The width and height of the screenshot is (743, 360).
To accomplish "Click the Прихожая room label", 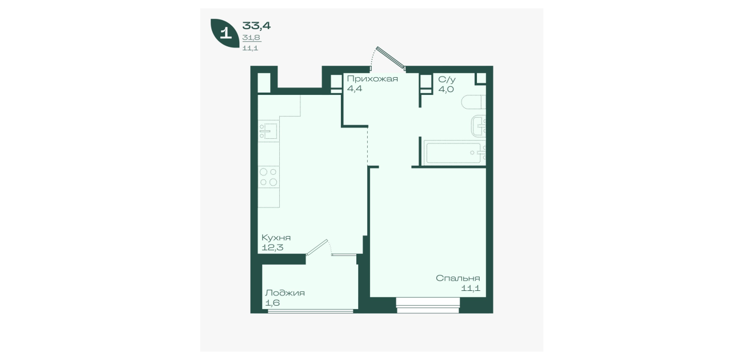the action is tap(372, 79).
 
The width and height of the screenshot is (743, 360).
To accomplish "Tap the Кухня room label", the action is tap(276, 238).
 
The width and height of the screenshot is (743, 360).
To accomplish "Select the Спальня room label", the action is tap(458, 278).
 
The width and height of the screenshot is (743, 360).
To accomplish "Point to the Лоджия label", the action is tap(285, 293).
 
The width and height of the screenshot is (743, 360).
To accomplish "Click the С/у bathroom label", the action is tap(447, 79).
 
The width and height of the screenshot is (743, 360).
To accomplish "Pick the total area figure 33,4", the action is tap(256, 26).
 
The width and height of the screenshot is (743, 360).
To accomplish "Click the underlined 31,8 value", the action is tap(251, 37).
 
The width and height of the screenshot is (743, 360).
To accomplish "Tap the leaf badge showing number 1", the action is tap(225, 33).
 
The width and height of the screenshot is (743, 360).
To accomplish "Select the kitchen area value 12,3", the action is tap(272, 247).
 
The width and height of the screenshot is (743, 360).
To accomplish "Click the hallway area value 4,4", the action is tap(354, 89).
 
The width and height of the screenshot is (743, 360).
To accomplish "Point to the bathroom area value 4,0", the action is tap(446, 89).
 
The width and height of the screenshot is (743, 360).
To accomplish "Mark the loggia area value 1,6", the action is tap(272, 303).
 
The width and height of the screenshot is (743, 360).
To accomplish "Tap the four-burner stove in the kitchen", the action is tap(268, 177).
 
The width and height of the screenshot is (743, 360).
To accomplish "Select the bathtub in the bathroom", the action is tap(453, 153).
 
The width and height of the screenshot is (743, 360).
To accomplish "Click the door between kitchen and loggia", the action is tap(318, 247).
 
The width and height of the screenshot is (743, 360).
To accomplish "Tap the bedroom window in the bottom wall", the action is tap(428, 305).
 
